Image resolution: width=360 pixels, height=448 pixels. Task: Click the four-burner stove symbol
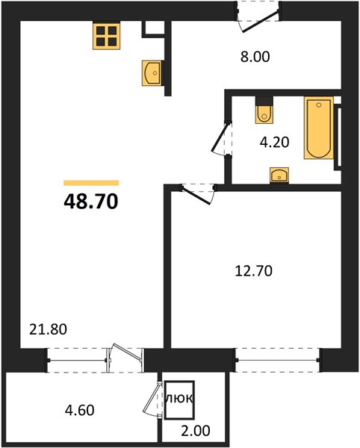(x=106, y=36)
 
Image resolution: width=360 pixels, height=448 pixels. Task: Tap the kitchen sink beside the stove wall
(x=152, y=73)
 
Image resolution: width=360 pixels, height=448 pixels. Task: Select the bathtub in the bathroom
(x=319, y=128)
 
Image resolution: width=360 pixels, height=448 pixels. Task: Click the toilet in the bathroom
(x=264, y=111)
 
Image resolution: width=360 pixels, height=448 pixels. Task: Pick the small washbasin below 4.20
(x=279, y=175)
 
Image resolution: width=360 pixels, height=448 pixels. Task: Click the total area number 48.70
(x=91, y=201)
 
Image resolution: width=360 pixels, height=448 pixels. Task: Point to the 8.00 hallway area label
(x=255, y=57)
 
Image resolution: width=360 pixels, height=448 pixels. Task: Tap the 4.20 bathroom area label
(x=274, y=142)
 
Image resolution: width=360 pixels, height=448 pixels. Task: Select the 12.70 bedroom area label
(x=254, y=270)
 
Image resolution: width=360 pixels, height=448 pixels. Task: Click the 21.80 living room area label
(x=49, y=329)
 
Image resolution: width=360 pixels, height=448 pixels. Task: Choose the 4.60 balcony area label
(x=80, y=410)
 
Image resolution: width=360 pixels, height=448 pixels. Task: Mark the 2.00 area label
(x=196, y=430)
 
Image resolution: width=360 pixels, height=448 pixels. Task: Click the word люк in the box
(x=180, y=398)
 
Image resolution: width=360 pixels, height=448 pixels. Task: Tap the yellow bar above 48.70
(x=91, y=183)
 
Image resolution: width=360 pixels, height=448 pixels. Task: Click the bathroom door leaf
(x=220, y=137)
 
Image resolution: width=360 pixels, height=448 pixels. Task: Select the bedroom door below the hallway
(x=196, y=195)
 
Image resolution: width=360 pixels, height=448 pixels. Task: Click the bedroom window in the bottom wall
(x=278, y=360)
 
